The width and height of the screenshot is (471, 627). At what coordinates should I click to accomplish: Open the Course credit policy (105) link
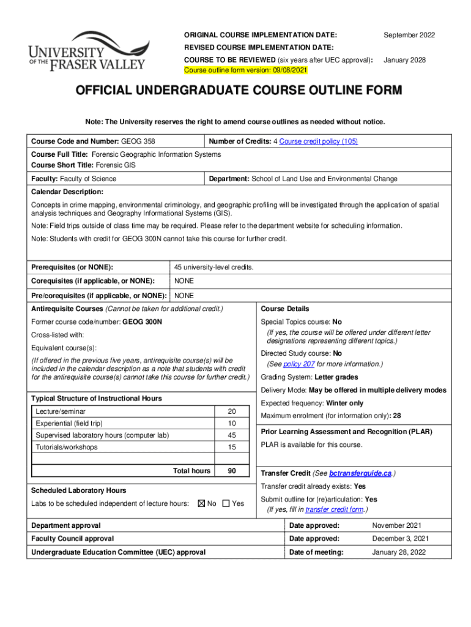[318, 141]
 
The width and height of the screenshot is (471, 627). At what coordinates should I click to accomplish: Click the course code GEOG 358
[138, 141]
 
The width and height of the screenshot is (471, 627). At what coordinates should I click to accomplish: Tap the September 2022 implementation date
[409, 35]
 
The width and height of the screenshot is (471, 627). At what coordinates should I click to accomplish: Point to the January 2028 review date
[404, 61]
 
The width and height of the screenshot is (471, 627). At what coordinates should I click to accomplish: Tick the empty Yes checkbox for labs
[226, 503]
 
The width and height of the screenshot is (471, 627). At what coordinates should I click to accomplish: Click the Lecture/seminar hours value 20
[231, 411]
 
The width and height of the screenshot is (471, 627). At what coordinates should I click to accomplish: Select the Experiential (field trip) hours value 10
[231, 424]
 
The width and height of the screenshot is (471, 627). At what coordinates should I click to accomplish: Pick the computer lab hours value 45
[231, 435]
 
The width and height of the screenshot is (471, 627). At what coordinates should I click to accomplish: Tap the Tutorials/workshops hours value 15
[231, 447]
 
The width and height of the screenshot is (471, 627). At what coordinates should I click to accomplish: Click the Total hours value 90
[231, 471]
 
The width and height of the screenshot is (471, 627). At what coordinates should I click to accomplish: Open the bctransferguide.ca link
[360, 473]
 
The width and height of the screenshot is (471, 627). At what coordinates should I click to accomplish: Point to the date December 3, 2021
[401, 539]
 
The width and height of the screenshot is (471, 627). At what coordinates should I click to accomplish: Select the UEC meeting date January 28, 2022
[399, 552]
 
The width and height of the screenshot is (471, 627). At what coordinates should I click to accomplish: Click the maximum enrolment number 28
[397, 416]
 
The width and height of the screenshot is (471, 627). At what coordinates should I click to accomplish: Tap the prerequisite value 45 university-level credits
[213, 268]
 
